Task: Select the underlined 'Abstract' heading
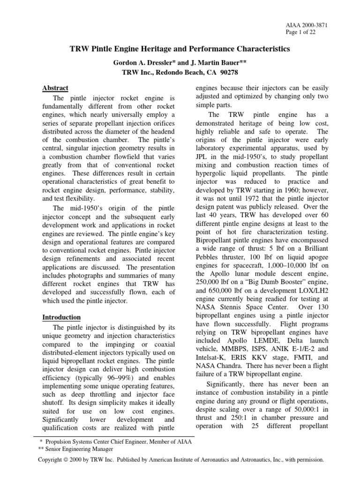(x=55, y=88)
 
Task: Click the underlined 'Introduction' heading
(x=62, y=317)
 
